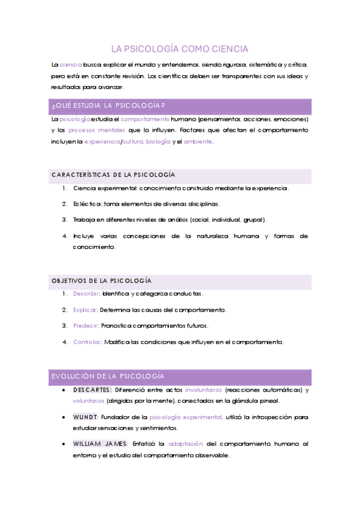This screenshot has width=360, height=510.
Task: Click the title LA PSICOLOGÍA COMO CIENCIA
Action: pyautogui.click(x=180, y=49)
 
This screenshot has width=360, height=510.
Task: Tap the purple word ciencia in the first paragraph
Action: pyautogui.click(x=71, y=64)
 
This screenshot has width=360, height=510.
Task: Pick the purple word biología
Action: pyautogui.click(x=158, y=142)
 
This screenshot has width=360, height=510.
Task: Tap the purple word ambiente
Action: pyautogui.click(x=198, y=142)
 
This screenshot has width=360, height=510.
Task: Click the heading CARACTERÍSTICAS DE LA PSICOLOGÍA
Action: pyautogui.click(x=113, y=175)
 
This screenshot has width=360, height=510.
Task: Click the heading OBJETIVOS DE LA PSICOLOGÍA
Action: pyautogui.click(x=102, y=281)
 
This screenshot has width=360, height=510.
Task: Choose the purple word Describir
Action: pyautogui.click(x=86, y=293)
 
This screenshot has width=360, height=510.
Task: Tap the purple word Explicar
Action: pyautogui.click(x=85, y=310)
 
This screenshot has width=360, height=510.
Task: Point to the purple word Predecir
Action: pyautogui.click(x=85, y=326)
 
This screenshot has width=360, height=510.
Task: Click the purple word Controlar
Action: pyautogui.click(x=87, y=342)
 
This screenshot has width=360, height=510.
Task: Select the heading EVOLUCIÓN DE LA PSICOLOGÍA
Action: pyautogui.click(x=108, y=376)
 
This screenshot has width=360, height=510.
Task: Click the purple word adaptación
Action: pyautogui.click(x=186, y=444)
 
